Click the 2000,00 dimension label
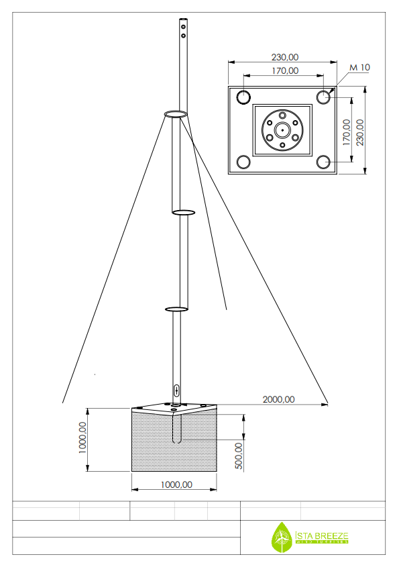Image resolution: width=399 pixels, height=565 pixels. coord(278,399)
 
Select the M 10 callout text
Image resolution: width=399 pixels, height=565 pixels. coord(360,67)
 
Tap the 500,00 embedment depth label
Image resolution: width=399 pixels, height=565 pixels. coord(239,456)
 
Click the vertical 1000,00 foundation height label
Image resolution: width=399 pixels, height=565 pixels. coord(82,438)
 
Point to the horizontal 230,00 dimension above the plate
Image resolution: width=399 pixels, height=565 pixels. coord(284,58)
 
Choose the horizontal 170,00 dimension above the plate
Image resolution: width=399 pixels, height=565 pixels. coord(285,70)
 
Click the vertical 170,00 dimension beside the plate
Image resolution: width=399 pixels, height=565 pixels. coord(347,132)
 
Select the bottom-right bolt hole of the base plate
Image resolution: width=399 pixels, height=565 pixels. coord(324,162)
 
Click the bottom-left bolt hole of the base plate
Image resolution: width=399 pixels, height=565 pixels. coord(243,162)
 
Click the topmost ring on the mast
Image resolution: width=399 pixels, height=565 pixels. coord(175,115)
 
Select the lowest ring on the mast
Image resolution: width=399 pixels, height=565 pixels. coord(176,309)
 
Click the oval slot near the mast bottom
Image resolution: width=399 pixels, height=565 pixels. coord(176,390)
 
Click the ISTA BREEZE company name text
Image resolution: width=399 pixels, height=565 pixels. coord(322,535)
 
